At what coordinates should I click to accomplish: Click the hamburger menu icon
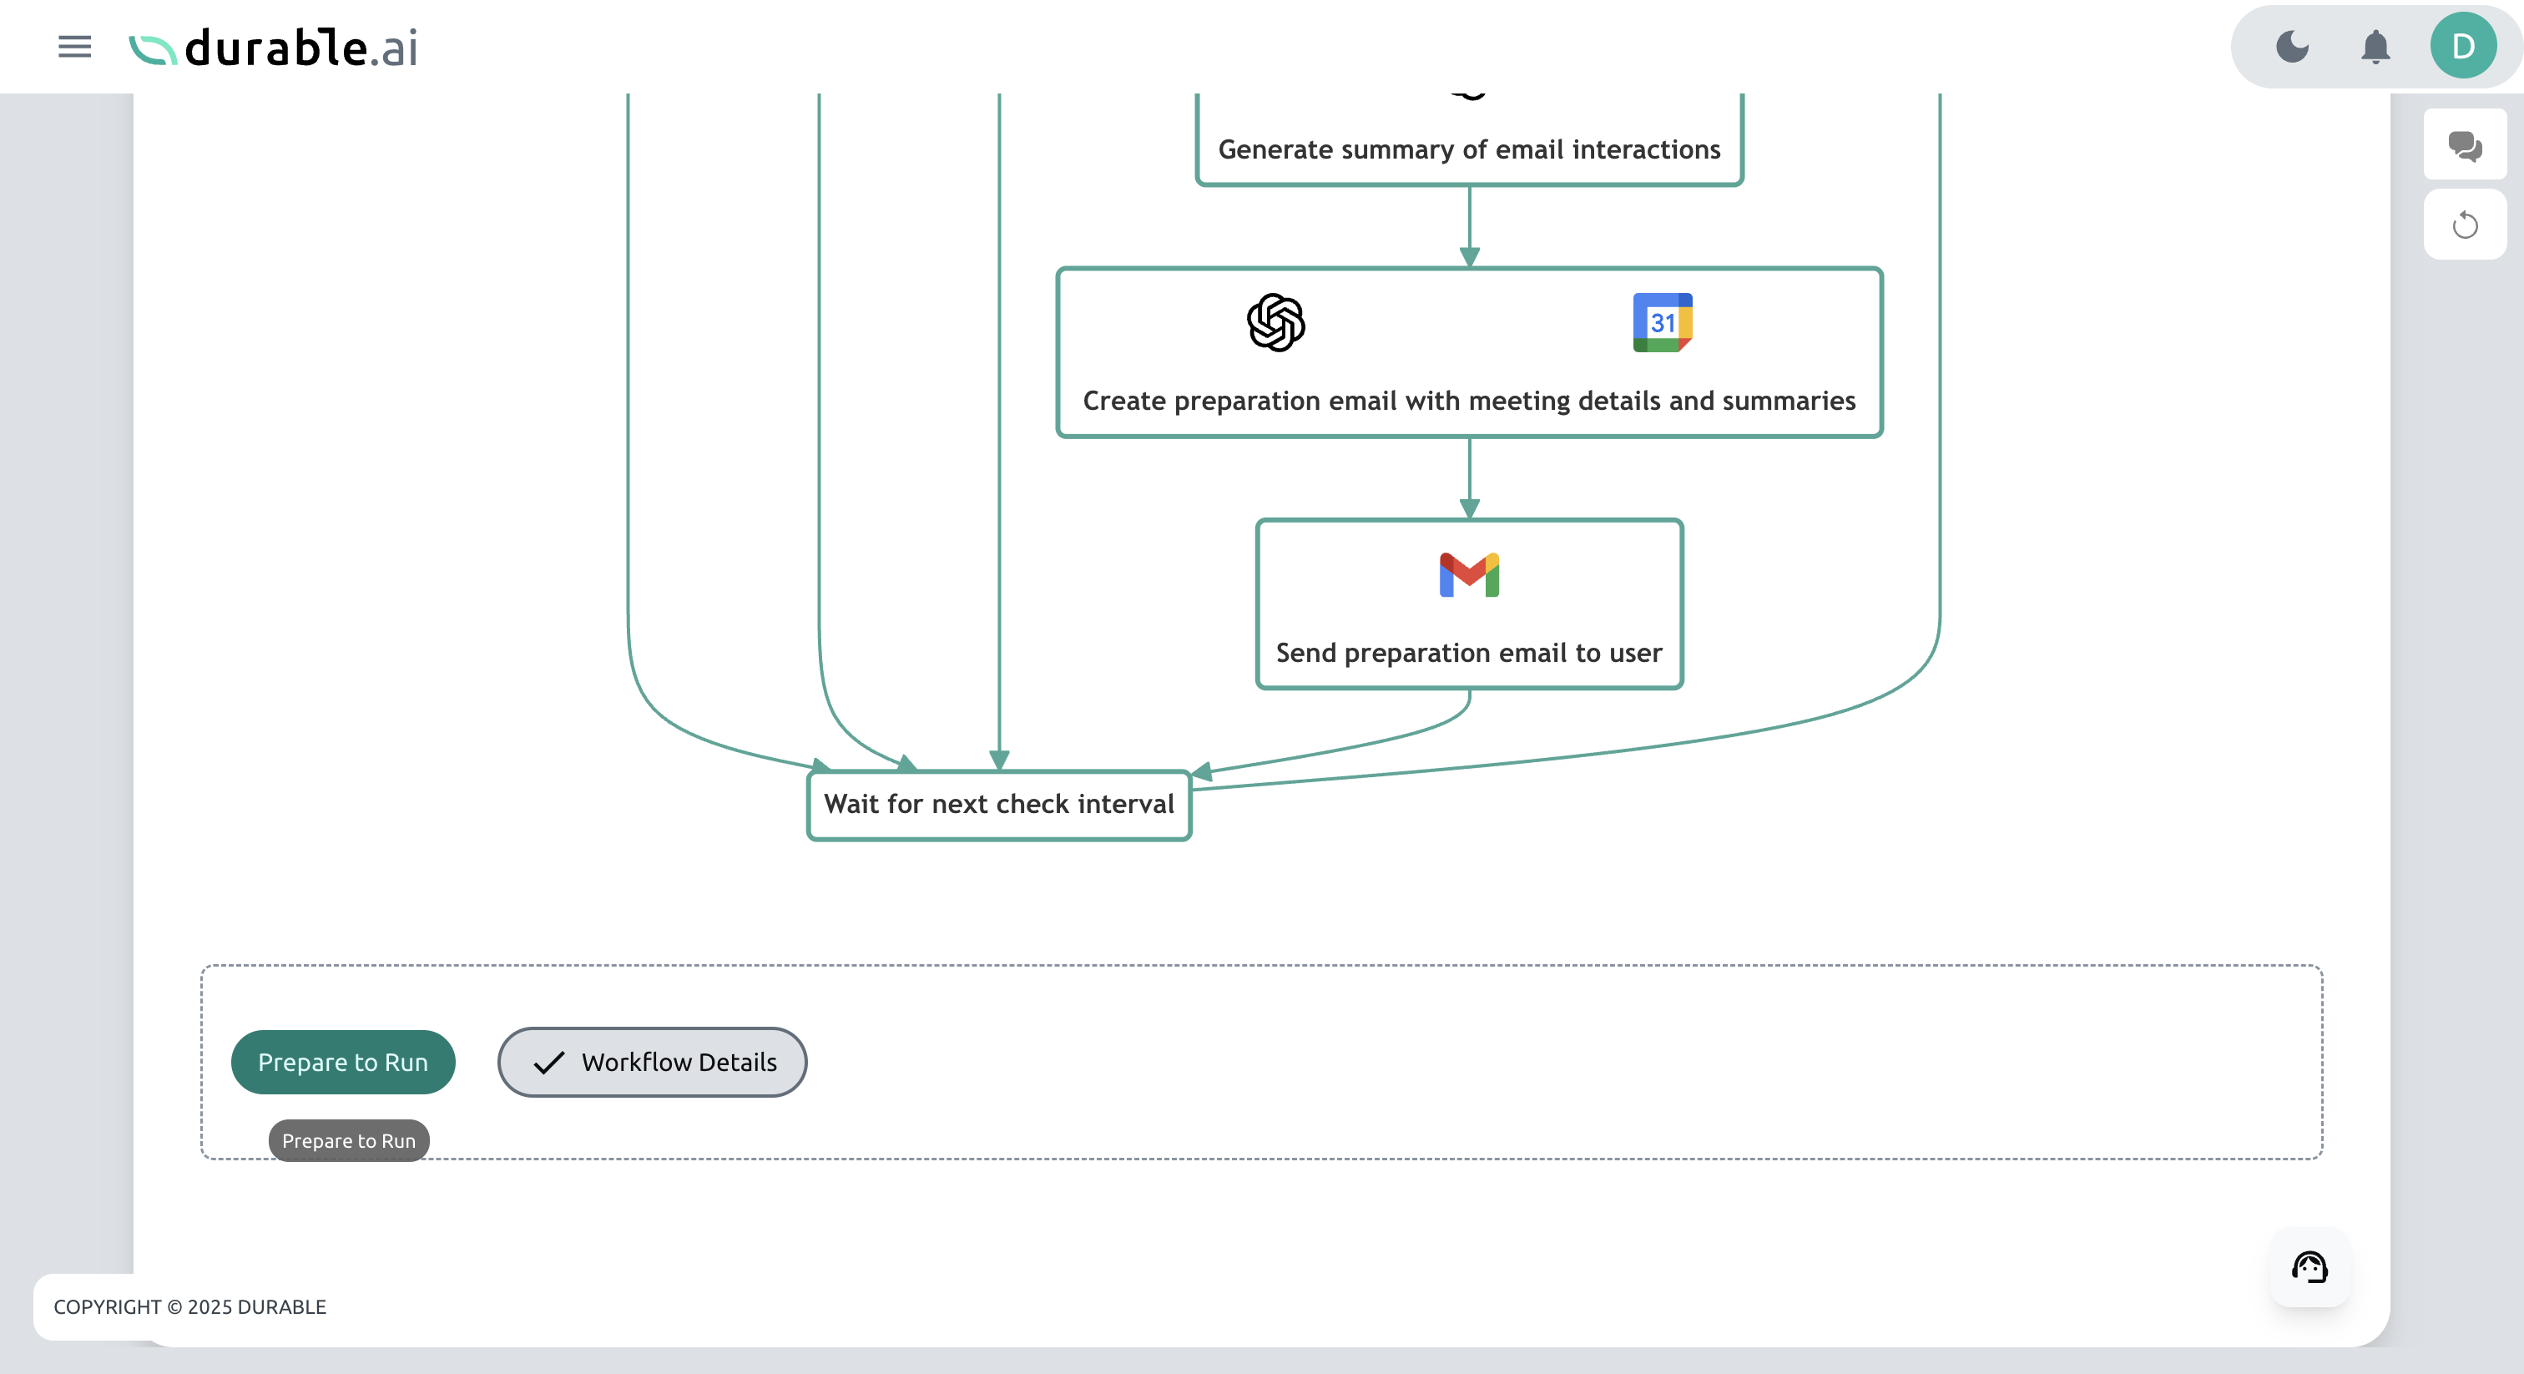coord(74,46)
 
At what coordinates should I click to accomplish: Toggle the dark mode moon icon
coord(2292,46)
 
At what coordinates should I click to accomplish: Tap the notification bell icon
coord(2375,46)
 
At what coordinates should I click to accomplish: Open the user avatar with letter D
coord(2462,46)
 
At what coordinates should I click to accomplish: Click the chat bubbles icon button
coord(2464,145)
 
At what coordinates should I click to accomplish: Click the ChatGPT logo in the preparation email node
coord(1275,322)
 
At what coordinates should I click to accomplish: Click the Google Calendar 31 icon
coord(1662,322)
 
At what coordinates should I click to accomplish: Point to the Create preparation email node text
coord(1469,401)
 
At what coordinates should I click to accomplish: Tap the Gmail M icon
coord(1469,575)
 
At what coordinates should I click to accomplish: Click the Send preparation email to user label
coord(1469,653)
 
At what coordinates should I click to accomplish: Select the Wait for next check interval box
coord(998,805)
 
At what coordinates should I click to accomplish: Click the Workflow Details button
coord(652,1063)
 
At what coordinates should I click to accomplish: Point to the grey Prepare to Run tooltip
coord(349,1141)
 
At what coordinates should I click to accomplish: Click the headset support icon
coord(2309,1267)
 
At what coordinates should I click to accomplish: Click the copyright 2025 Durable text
coord(190,1307)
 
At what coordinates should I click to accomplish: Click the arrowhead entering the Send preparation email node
coord(1469,508)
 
